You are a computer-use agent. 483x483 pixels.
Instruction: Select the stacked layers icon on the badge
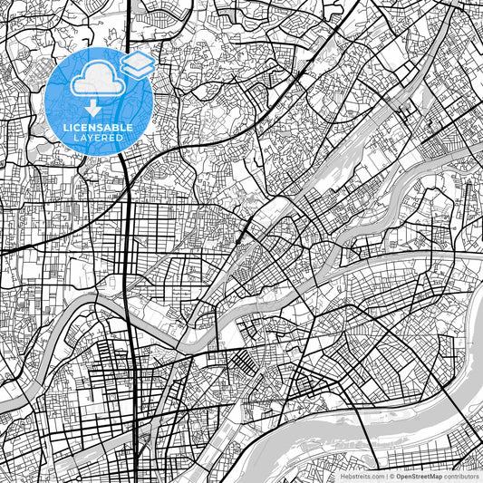pos(137,64)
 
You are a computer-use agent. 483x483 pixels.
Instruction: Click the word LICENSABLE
pos(98,126)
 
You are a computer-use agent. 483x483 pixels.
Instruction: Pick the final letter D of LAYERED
pos(121,137)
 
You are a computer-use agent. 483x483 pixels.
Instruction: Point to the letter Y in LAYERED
pos(91,137)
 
